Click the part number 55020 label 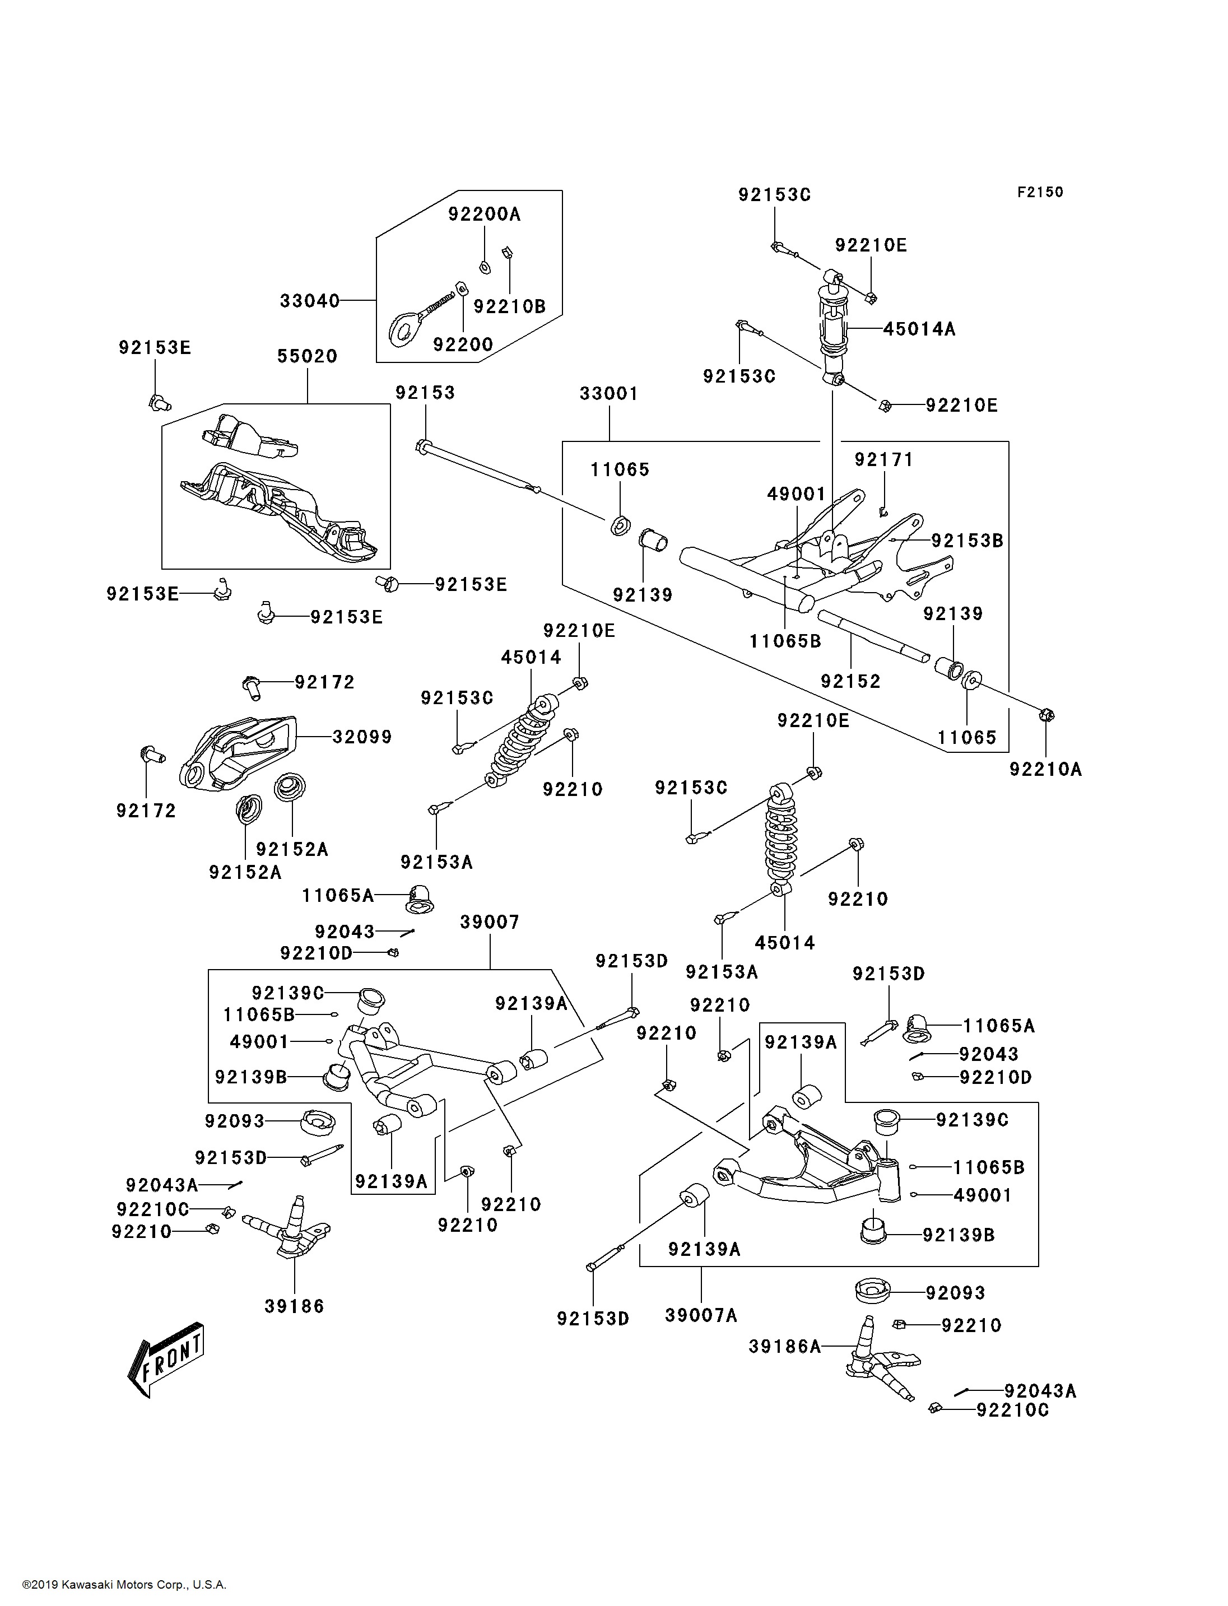click(x=307, y=356)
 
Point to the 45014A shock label click(x=919, y=329)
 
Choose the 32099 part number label click(x=362, y=737)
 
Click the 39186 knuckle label click(x=294, y=1306)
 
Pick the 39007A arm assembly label click(x=701, y=1315)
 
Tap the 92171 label click(x=883, y=459)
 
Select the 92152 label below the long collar click(x=850, y=681)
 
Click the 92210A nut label click(x=1045, y=769)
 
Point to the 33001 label click(x=609, y=393)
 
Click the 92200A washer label click(x=484, y=214)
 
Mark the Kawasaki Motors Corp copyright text click(x=124, y=1585)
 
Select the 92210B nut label click(x=509, y=306)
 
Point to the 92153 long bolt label click(x=425, y=393)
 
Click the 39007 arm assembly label click(x=489, y=922)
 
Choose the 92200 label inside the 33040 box click(x=463, y=345)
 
